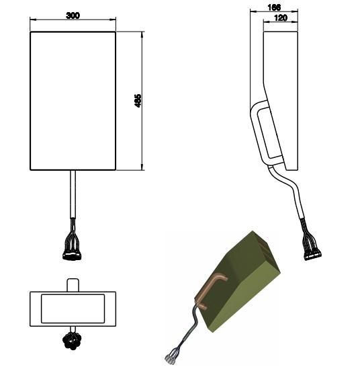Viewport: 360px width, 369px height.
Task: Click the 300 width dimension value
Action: [x=73, y=15]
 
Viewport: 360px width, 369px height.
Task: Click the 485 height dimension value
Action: [x=138, y=101]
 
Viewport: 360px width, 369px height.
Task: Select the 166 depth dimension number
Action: [x=274, y=7]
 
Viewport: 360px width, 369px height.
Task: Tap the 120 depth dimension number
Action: [x=281, y=17]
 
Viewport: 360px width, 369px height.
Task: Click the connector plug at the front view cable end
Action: [x=72, y=255]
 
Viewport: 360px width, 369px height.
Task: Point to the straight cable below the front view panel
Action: [x=73, y=194]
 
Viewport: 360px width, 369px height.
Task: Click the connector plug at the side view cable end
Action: [x=313, y=255]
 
